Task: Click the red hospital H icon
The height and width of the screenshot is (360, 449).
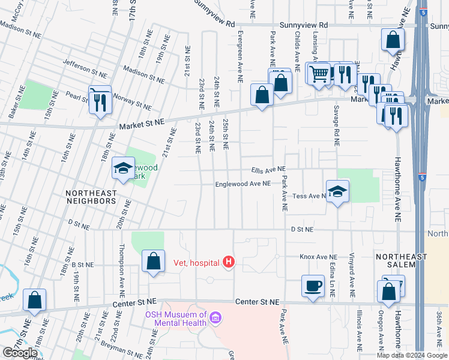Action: [x=228, y=262]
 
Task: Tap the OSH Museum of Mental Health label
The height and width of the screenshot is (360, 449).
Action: [x=176, y=319]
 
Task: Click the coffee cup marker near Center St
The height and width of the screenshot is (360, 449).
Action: [x=313, y=286]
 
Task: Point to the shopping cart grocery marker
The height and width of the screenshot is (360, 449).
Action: [x=319, y=73]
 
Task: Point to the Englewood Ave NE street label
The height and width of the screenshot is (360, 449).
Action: [x=243, y=184]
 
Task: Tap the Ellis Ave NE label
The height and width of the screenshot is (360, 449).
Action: [x=268, y=170]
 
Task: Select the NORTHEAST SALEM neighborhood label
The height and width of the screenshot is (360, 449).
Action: [x=401, y=261]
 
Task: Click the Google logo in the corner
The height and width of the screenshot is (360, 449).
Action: [x=20, y=353]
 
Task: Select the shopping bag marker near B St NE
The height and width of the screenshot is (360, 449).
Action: [x=153, y=261]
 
